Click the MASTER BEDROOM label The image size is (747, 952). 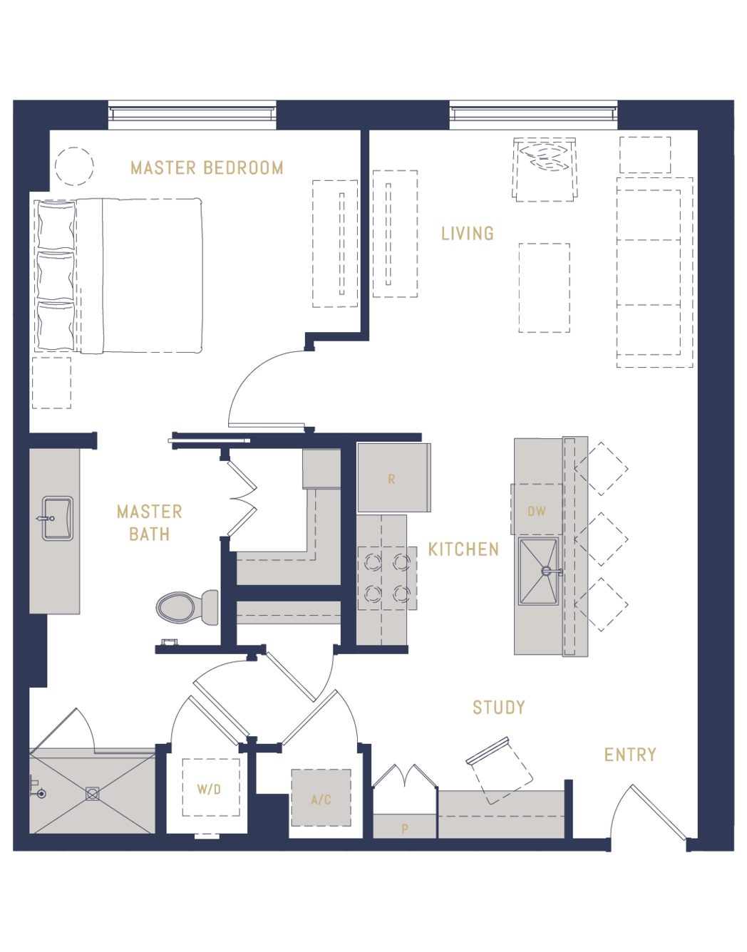tap(207, 167)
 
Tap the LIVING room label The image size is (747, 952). tap(468, 234)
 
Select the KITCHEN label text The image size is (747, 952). tap(463, 549)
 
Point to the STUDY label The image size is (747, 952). tap(498, 708)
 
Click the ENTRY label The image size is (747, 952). tap(630, 755)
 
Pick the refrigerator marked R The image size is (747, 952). tap(394, 477)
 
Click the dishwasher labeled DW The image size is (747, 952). tap(537, 509)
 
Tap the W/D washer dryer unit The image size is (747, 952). tap(211, 787)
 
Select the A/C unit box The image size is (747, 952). tap(321, 798)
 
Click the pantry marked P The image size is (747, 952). tap(404, 827)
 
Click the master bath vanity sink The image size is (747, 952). tap(58, 518)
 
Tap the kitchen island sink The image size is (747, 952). tap(539, 571)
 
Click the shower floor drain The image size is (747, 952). tap(93, 793)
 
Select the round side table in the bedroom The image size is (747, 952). tap(74, 166)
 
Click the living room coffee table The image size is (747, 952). tap(544, 288)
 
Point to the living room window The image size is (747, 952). tap(533, 115)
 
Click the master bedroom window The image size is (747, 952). tap(192, 115)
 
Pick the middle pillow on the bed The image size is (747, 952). tap(56, 275)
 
